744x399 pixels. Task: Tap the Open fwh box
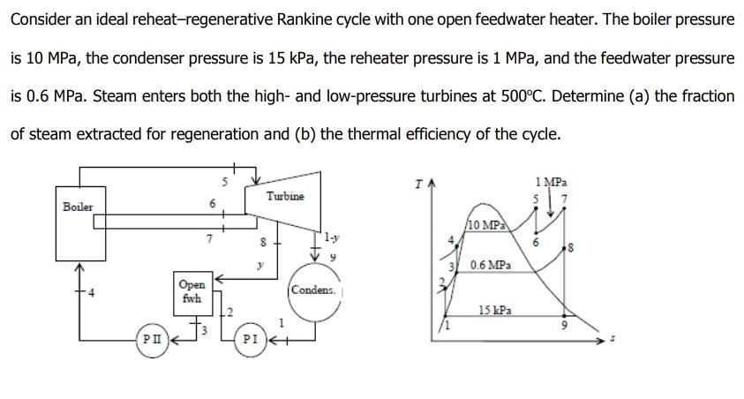[x=192, y=291]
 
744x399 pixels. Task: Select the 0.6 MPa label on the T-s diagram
[x=490, y=265]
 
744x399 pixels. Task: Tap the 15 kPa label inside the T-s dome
[x=494, y=310]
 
